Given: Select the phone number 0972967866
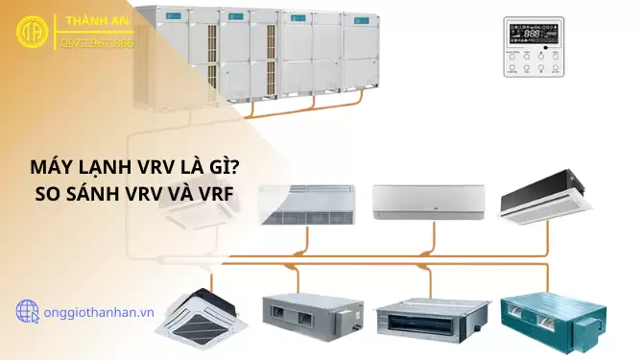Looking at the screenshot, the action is point(97,43).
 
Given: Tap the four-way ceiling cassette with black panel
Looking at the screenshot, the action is point(201,309).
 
